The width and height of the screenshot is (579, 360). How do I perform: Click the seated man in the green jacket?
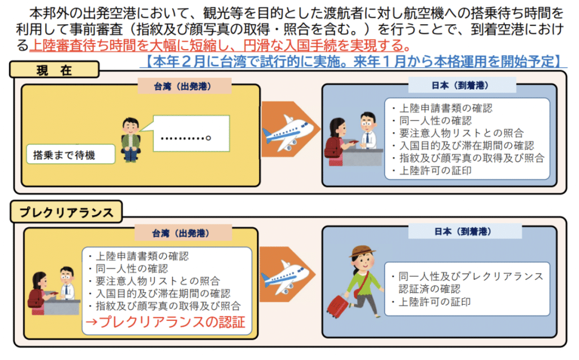[x=131, y=139]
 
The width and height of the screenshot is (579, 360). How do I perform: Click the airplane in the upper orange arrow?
[x=288, y=134]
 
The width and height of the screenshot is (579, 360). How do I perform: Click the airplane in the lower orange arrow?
[x=288, y=277]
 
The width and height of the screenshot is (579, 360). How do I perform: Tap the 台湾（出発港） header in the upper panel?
[x=183, y=86]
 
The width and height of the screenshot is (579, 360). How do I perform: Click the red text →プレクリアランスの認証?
[x=165, y=323]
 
